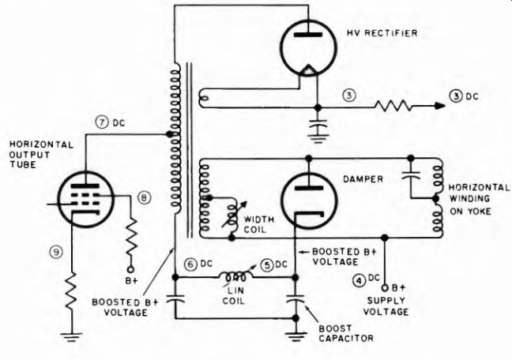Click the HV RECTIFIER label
pos(382,33)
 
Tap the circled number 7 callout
pos(102,122)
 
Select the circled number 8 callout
pos(145,197)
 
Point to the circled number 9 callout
pos(56,252)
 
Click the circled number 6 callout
pos(190,264)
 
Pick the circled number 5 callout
pos(267,265)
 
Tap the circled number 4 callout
pos(360,281)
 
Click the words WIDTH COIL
pos(258,224)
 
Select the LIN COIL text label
pos(233,295)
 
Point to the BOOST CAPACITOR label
pos(346,333)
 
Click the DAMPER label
pos(363,179)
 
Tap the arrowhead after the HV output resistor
pos(439,106)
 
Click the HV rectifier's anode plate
pos(308,34)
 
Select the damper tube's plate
pos(309,188)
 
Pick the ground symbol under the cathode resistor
pos(70,337)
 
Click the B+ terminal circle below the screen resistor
pos(130,269)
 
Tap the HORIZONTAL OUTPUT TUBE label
pos(41,155)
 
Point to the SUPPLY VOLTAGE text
pos(386,306)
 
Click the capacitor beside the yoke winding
pos(411,174)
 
